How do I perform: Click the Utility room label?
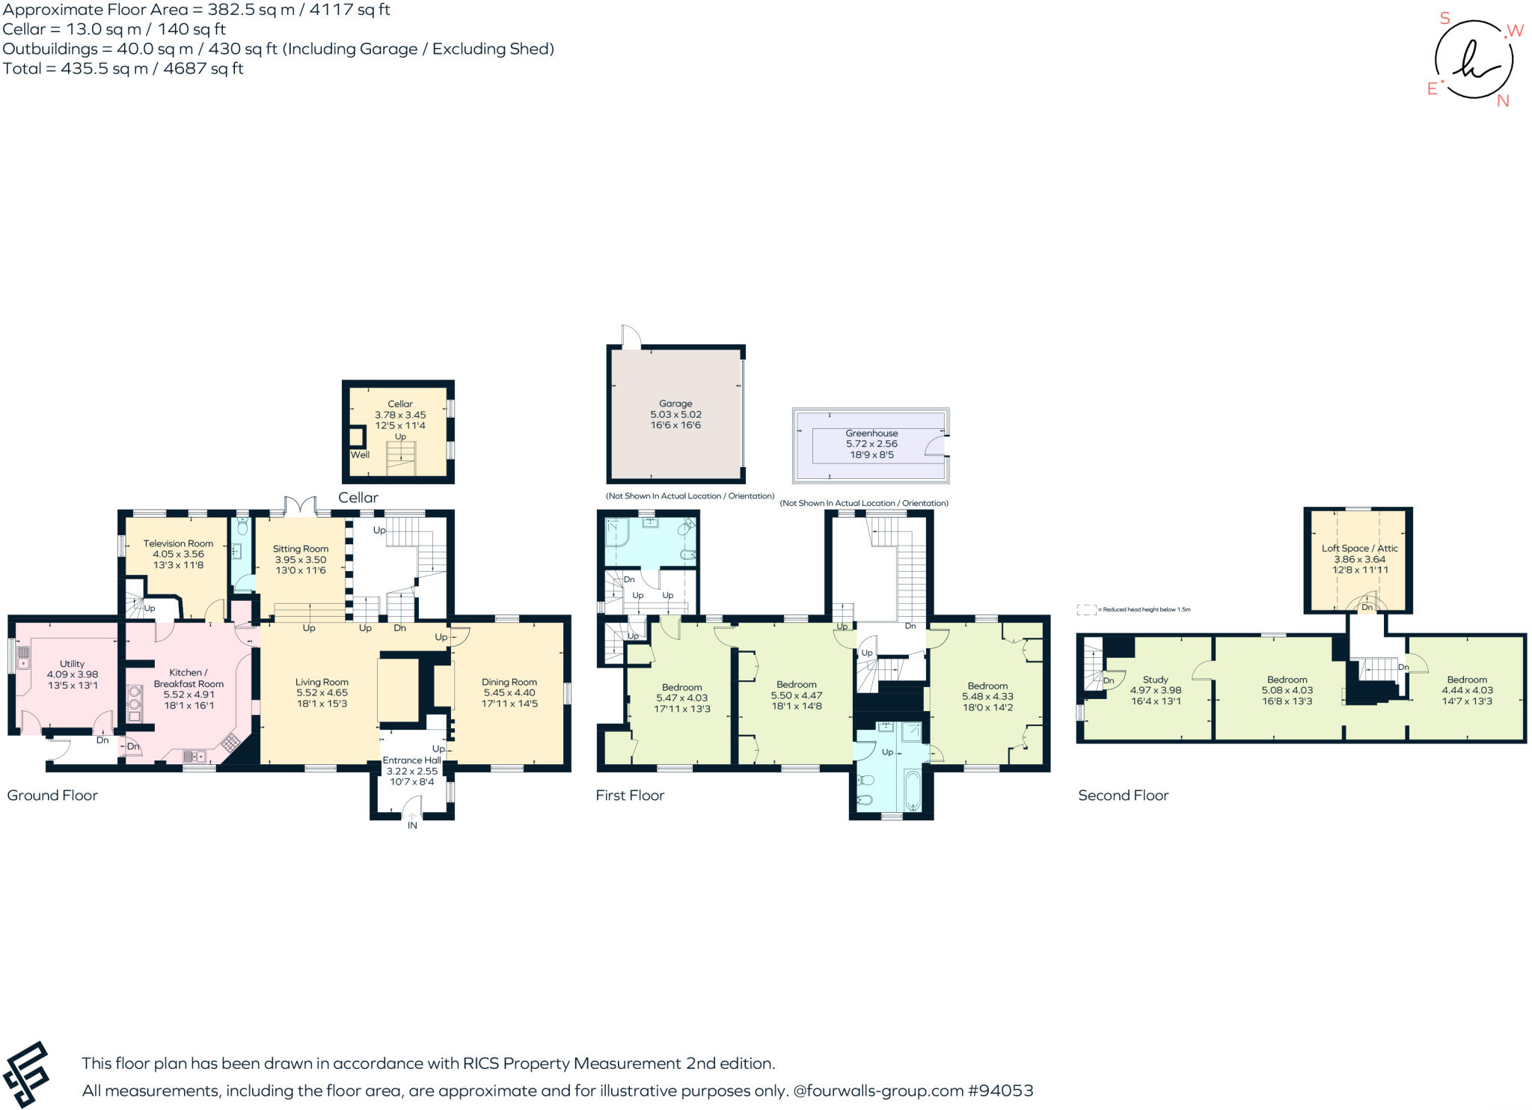click(73, 664)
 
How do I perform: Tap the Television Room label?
click(178, 544)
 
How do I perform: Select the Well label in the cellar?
click(360, 454)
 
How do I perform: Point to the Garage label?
click(675, 403)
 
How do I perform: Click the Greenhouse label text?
click(871, 433)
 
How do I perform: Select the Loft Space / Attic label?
click(1359, 549)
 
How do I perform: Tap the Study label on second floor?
click(1155, 680)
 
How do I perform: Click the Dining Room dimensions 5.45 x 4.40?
click(509, 693)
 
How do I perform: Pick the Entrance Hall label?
click(411, 760)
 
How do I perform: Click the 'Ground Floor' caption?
click(52, 796)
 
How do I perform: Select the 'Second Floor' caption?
click(1123, 796)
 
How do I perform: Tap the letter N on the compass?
click(1503, 101)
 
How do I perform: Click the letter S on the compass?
click(1444, 19)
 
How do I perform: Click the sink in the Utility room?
click(23, 657)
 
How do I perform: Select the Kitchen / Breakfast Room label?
click(189, 678)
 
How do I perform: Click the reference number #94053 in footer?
click(1000, 1091)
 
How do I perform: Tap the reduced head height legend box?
click(1086, 610)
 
